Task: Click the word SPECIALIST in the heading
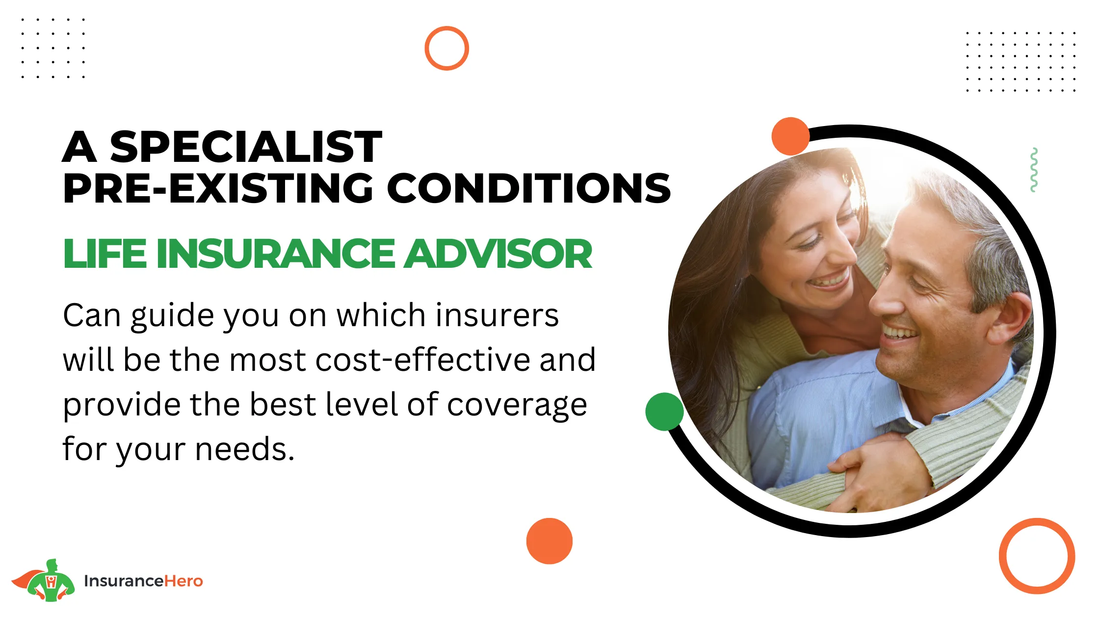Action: [x=246, y=147]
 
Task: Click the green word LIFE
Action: [x=105, y=254]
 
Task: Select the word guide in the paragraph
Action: [x=172, y=316]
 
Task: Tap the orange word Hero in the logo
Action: [x=183, y=581]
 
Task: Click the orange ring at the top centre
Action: [x=446, y=27]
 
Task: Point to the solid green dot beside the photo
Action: [x=664, y=412]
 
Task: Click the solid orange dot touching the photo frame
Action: [x=790, y=136]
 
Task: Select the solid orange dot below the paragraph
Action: [x=549, y=541]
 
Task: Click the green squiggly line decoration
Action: [x=1034, y=169]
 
